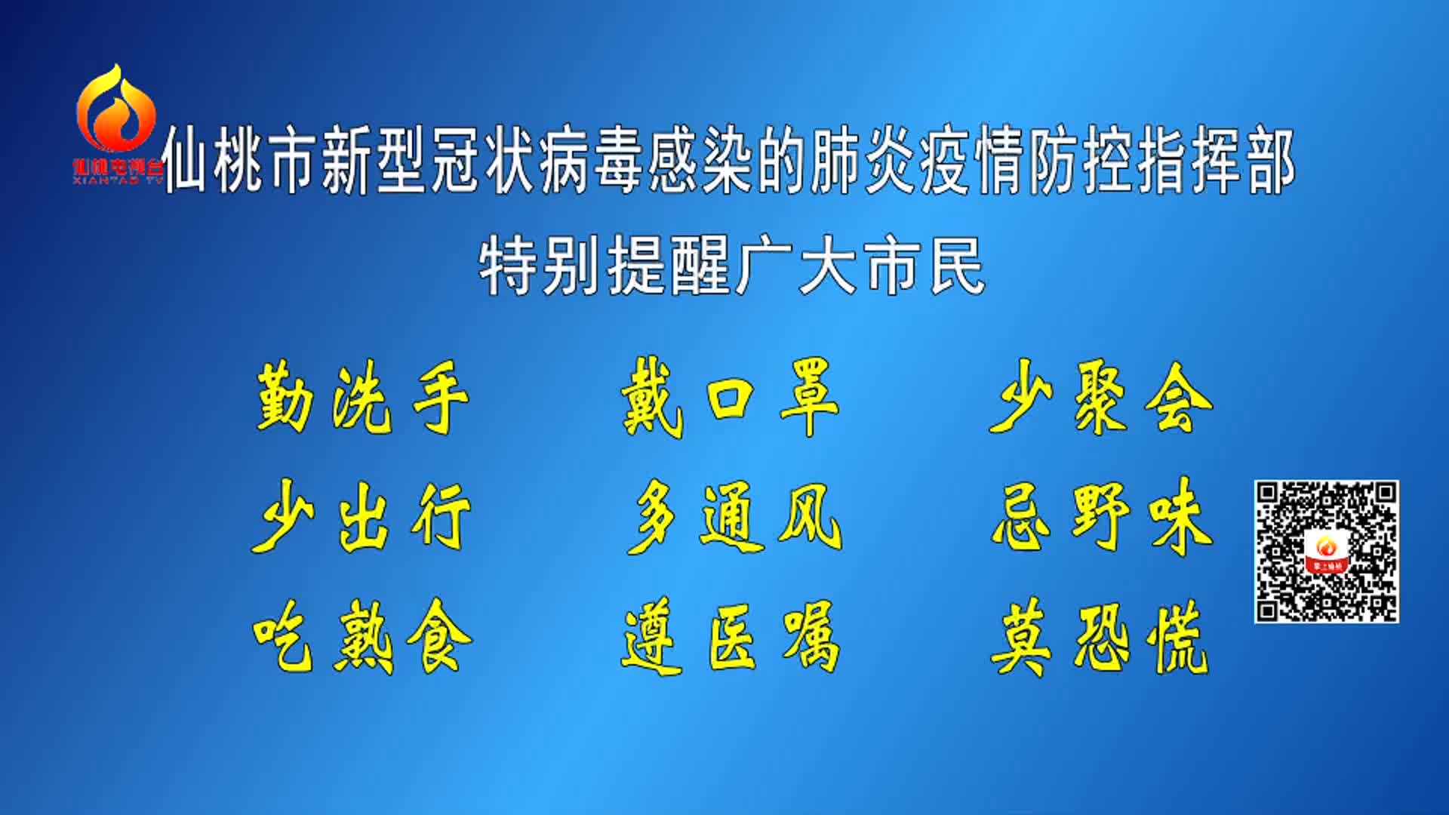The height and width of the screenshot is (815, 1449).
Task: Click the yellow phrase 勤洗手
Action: pos(362,398)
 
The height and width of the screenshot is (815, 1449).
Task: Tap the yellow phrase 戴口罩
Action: pos(730,398)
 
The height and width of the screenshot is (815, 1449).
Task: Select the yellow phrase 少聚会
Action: pos(1101,397)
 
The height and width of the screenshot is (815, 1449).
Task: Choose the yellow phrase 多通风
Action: pos(734,517)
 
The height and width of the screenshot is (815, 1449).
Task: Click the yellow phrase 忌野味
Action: pos(1103,517)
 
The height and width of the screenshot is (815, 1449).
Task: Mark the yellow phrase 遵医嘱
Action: pos(731,636)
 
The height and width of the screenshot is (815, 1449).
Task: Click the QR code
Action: pos(1327,552)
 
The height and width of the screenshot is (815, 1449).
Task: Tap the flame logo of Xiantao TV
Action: pos(116,108)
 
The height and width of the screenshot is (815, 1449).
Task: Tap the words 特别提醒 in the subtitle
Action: pos(605,266)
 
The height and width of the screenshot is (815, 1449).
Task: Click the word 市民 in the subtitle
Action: pos(925,266)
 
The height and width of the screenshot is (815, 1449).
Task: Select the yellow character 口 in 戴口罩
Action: pos(730,398)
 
